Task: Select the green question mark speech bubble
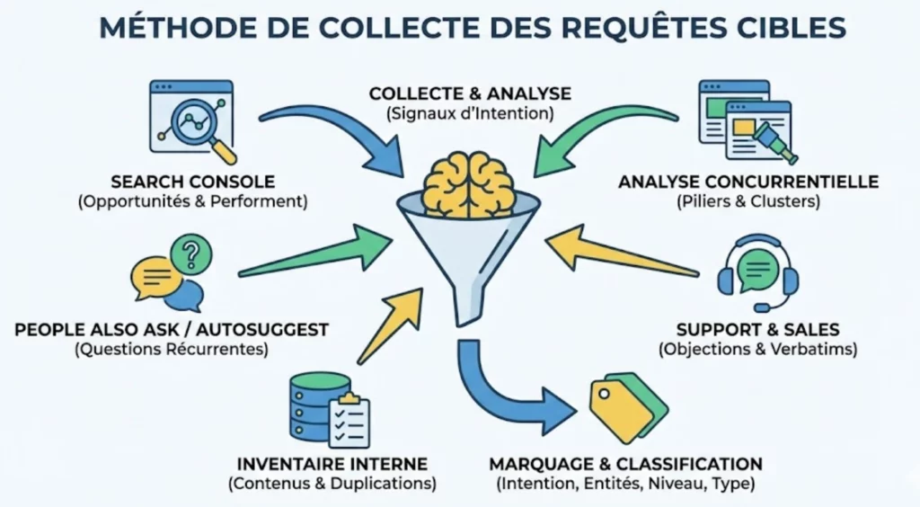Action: (187, 254)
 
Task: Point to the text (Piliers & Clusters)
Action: (748, 201)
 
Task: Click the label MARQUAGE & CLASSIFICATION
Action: (625, 464)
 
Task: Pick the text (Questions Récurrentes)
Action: (172, 350)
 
